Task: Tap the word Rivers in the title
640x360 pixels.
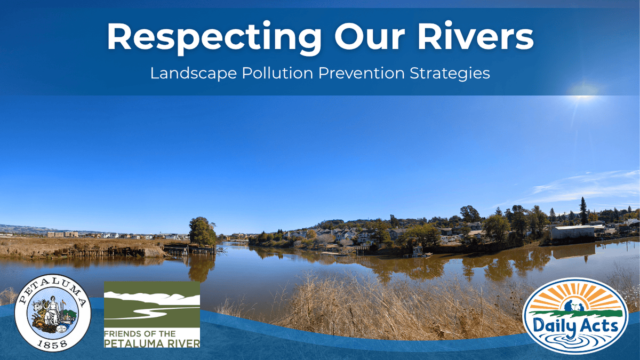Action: [x=476, y=36]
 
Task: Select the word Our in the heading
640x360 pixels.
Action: [x=370, y=36]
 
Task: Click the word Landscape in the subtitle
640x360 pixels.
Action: [x=194, y=74]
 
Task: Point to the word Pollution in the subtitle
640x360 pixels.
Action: [x=277, y=73]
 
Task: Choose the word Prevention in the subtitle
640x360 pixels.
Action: [x=362, y=73]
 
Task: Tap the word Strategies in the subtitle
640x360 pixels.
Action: [x=450, y=74]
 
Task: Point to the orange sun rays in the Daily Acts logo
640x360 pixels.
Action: [x=575, y=297]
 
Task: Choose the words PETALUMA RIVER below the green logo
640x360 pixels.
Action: [x=152, y=343]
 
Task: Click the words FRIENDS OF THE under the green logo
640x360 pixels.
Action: [x=140, y=334]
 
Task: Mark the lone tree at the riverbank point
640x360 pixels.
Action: [x=202, y=232]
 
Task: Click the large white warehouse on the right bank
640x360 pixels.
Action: [x=573, y=233]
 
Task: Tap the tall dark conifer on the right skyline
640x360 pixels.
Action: [x=583, y=211]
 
